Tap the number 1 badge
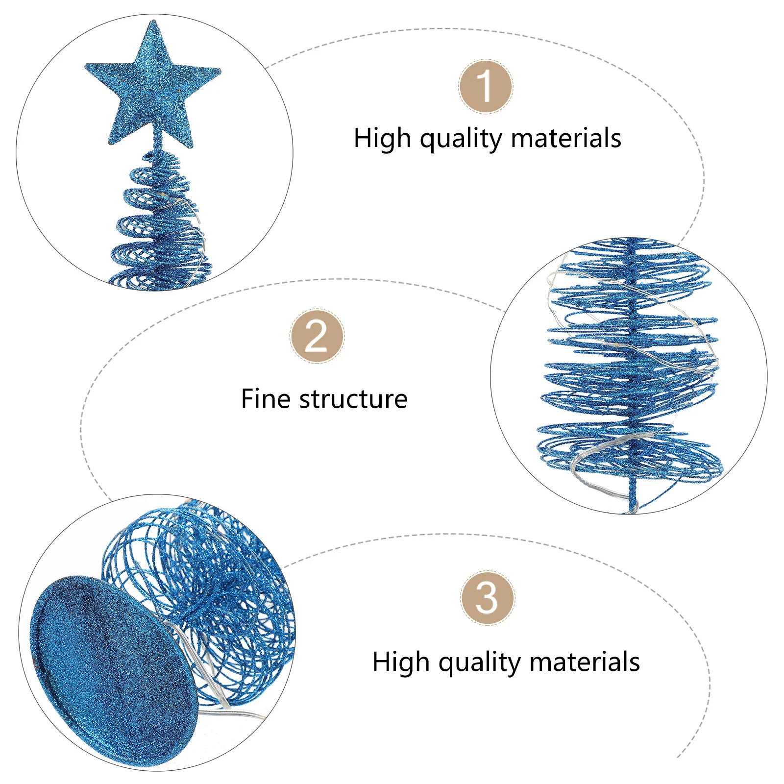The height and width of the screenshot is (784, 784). [x=485, y=87]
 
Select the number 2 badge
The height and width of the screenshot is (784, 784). [x=317, y=336]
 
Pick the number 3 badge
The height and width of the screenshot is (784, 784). [x=487, y=598]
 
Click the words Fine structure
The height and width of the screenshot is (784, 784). [x=324, y=399]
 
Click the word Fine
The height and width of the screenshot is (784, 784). [x=266, y=399]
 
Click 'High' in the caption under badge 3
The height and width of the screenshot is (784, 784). [x=401, y=661]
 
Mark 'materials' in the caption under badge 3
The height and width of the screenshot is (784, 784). [x=585, y=661]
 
